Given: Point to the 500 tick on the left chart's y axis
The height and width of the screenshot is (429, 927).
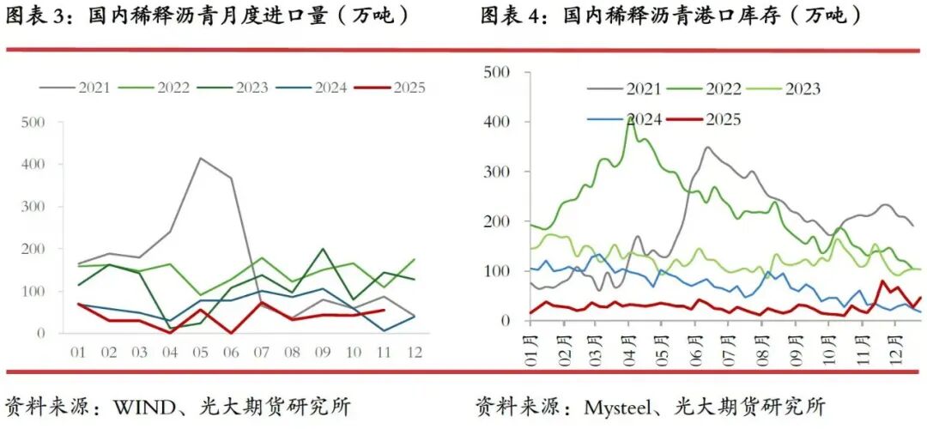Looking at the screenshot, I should point(33,122).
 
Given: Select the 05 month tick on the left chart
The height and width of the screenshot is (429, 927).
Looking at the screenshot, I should point(201,352).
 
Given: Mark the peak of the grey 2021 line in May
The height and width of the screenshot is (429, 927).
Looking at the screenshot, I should point(201,158).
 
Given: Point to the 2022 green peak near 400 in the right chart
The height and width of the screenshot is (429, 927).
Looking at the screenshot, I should point(629,118).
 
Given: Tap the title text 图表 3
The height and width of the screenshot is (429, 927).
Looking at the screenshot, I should point(35,16).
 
